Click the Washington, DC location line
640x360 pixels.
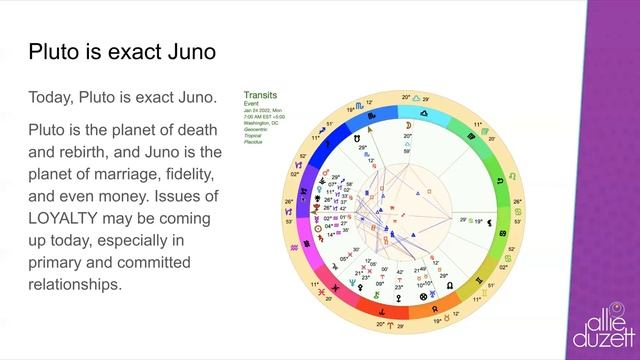click(x=262, y=123)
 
